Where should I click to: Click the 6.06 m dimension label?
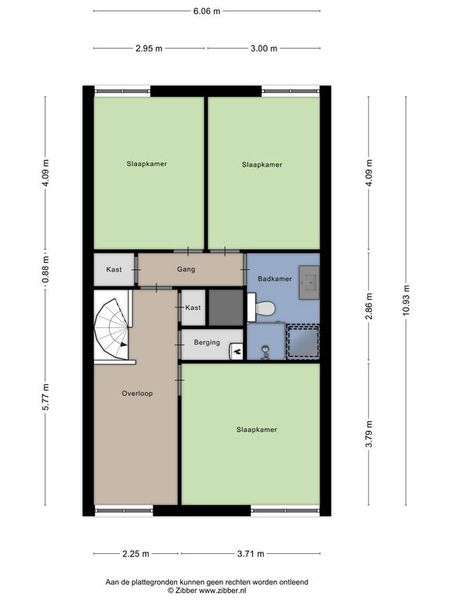point(207,11)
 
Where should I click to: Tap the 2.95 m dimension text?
point(149,49)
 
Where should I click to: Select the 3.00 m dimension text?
point(264,49)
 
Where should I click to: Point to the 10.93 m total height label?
point(406,300)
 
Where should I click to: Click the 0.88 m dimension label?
point(45,270)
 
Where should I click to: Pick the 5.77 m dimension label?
point(45,397)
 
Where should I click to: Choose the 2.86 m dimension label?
point(369,306)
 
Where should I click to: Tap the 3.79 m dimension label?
point(369,434)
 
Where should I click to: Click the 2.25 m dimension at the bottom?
point(135,554)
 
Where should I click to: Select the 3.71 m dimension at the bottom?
point(251,554)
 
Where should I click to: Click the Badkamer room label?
point(275,279)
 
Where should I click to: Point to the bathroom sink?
point(309,282)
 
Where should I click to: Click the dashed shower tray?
point(303,341)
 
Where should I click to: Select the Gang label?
point(186,269)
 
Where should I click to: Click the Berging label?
point(207,342)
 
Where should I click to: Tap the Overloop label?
point(137,394)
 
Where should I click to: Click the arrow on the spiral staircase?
point(124,344)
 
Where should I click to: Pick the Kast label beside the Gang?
point(114,269)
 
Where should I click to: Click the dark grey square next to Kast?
point(225,308)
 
